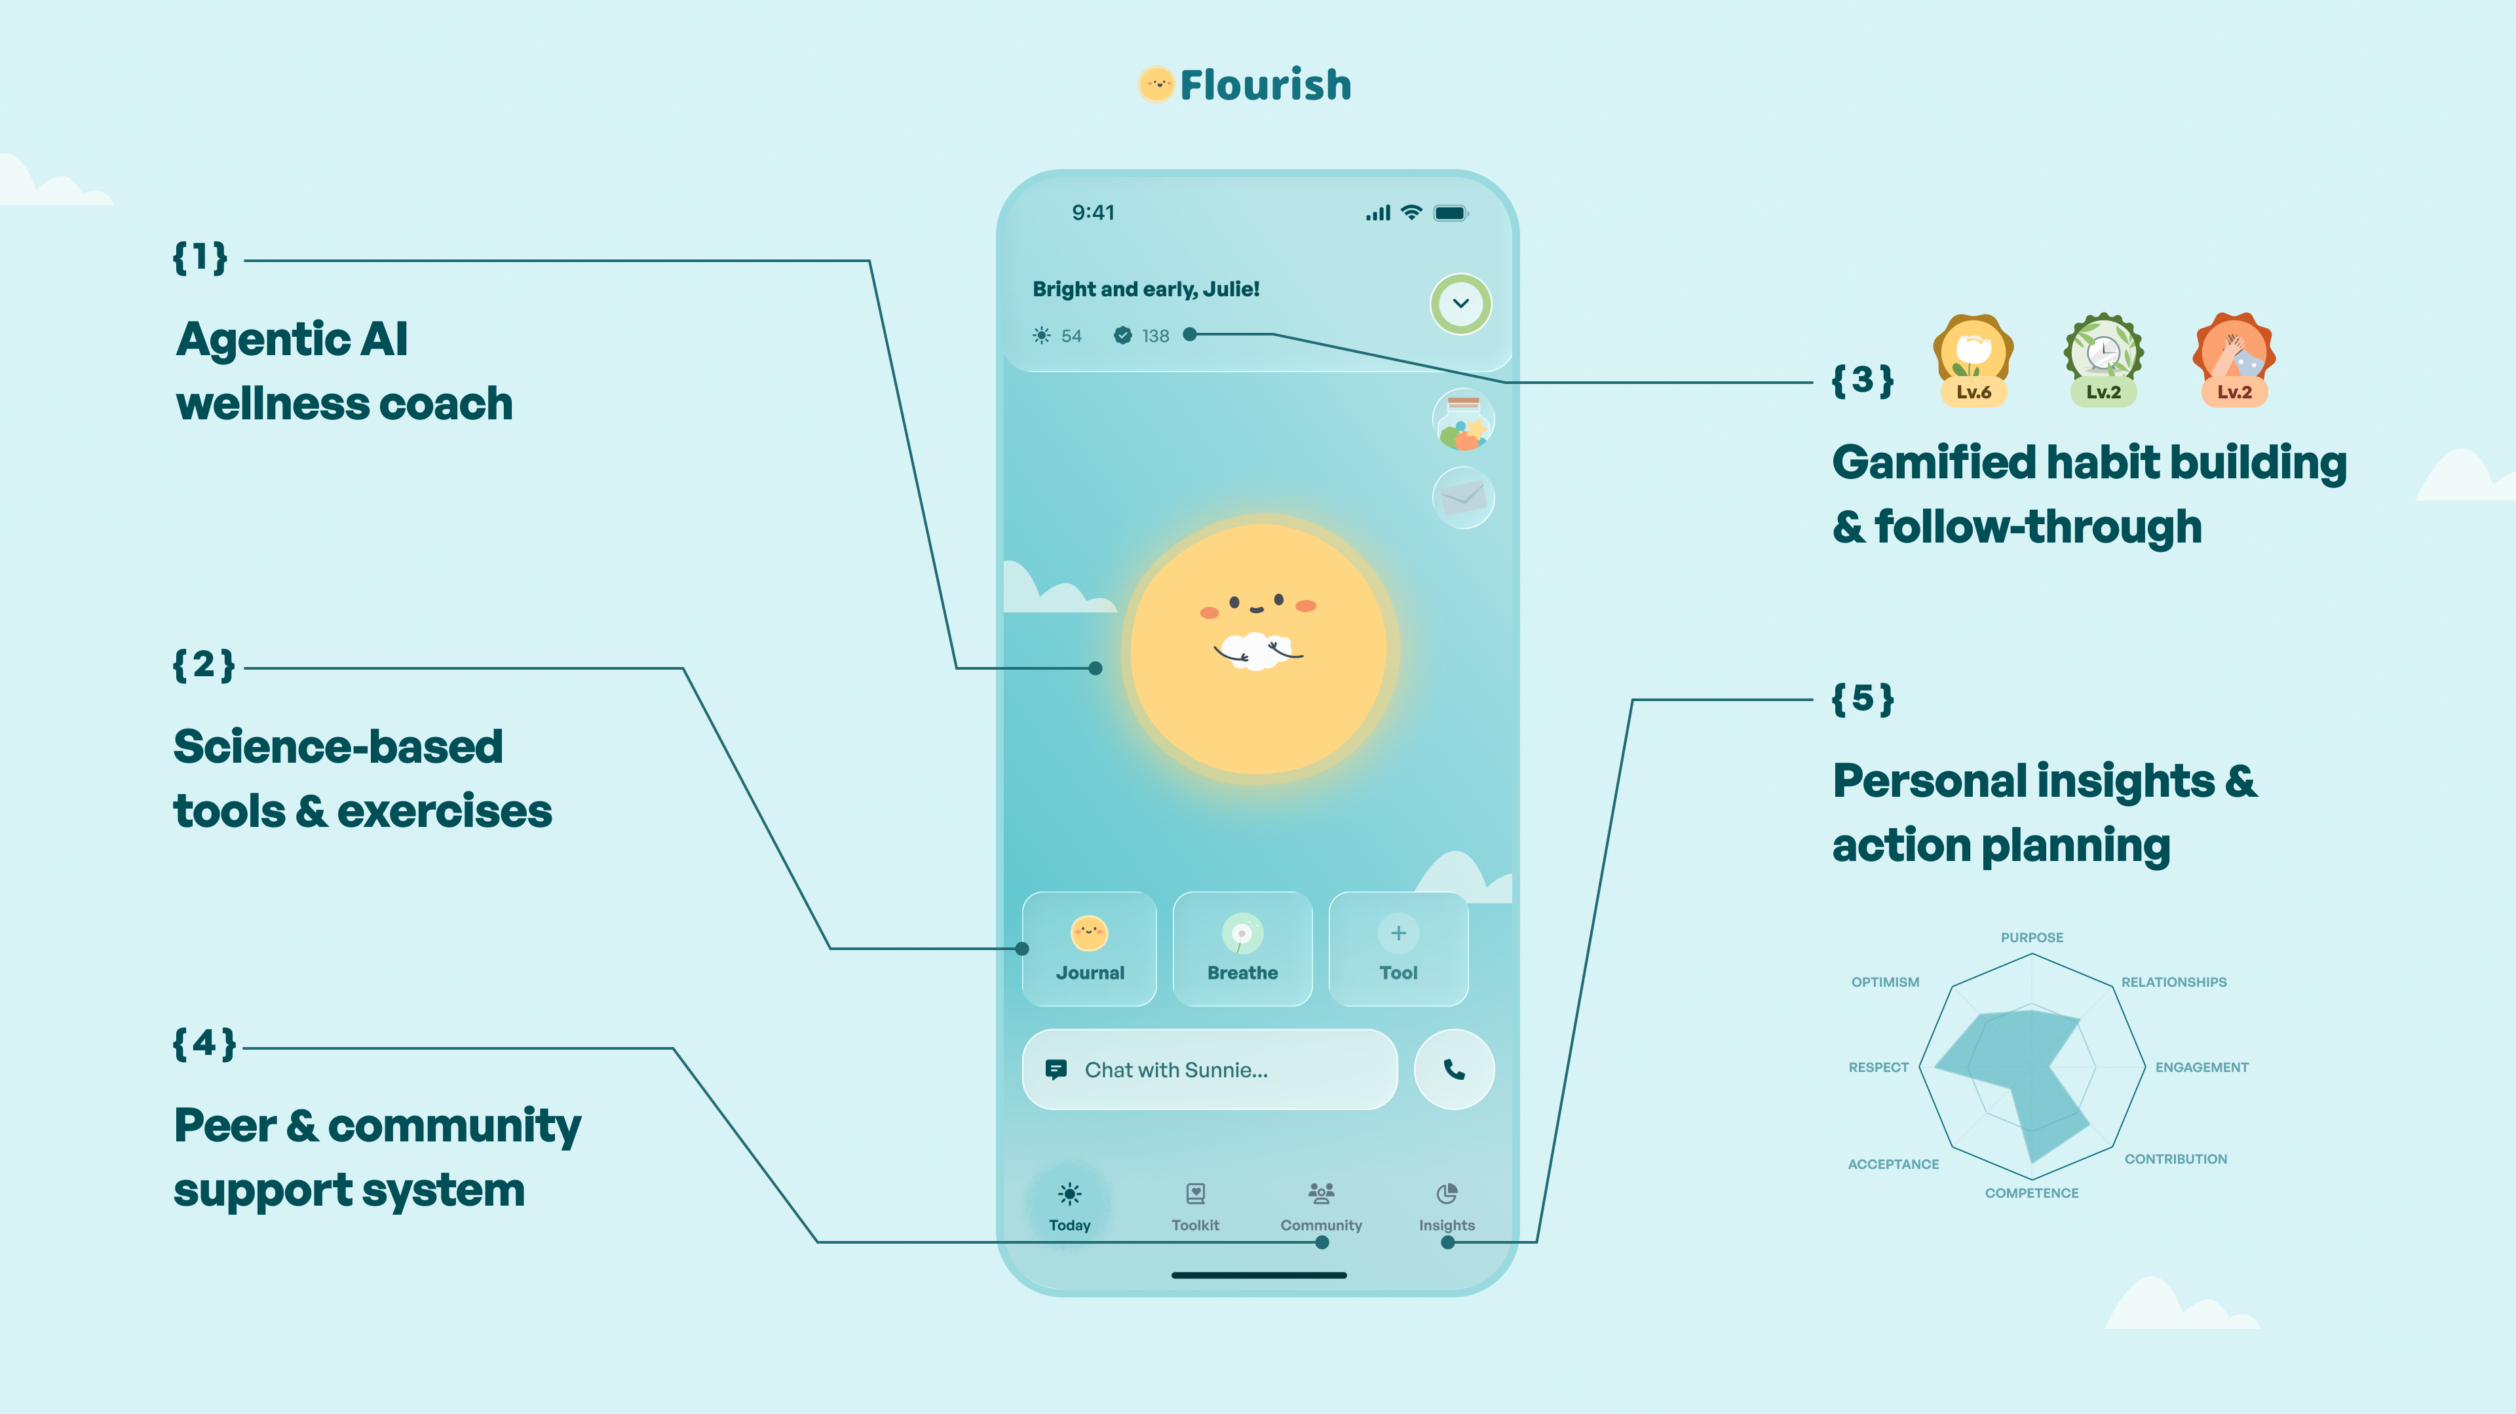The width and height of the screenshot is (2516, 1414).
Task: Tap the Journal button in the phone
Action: [x=1089, y=948]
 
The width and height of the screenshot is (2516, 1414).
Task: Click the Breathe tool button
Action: [x=1242, y=948]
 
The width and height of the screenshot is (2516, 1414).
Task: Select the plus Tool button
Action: [x=1399, y=948]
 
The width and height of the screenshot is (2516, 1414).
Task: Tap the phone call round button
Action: [x=1455, y=1069]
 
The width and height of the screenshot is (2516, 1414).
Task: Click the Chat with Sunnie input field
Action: [x=1209, y=1069]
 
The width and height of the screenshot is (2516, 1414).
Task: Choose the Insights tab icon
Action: [x=1447, y=1193]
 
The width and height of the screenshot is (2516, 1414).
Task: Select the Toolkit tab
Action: [x=1196, y=1206]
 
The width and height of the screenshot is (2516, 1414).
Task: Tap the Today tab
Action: [x=1069, y=1206]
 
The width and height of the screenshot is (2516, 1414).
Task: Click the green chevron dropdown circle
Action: [x=1460, y=303]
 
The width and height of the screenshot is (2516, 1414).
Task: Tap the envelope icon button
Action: [x=1463, y=498]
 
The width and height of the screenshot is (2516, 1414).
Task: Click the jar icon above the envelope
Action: [x=1463, y=421]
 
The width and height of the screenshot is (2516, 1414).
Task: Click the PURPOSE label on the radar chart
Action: [x=2032, y=938]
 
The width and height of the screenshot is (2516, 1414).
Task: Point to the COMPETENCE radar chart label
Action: [x=2032, y=1193]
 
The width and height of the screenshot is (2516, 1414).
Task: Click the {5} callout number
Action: [x=1863, y=699]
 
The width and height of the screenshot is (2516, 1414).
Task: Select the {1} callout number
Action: [x=200, y=258]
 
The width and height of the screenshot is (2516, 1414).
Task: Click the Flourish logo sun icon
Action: [x=1156, y=84]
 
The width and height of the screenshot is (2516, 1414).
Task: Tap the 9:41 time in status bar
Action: [x=1093, y=213]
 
